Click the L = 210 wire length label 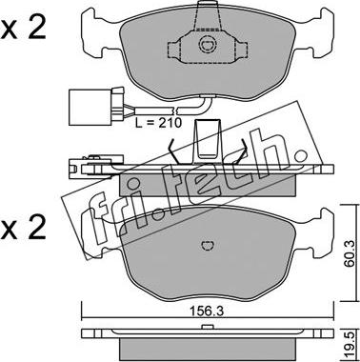(x=158, y=122)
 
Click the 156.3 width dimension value (x=208, y=311)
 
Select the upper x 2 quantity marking (x=23, y=29)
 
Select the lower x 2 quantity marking (x=23, y=228)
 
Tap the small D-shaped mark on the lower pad (x=209, y=246)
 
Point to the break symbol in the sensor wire (x=175, y=111)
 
